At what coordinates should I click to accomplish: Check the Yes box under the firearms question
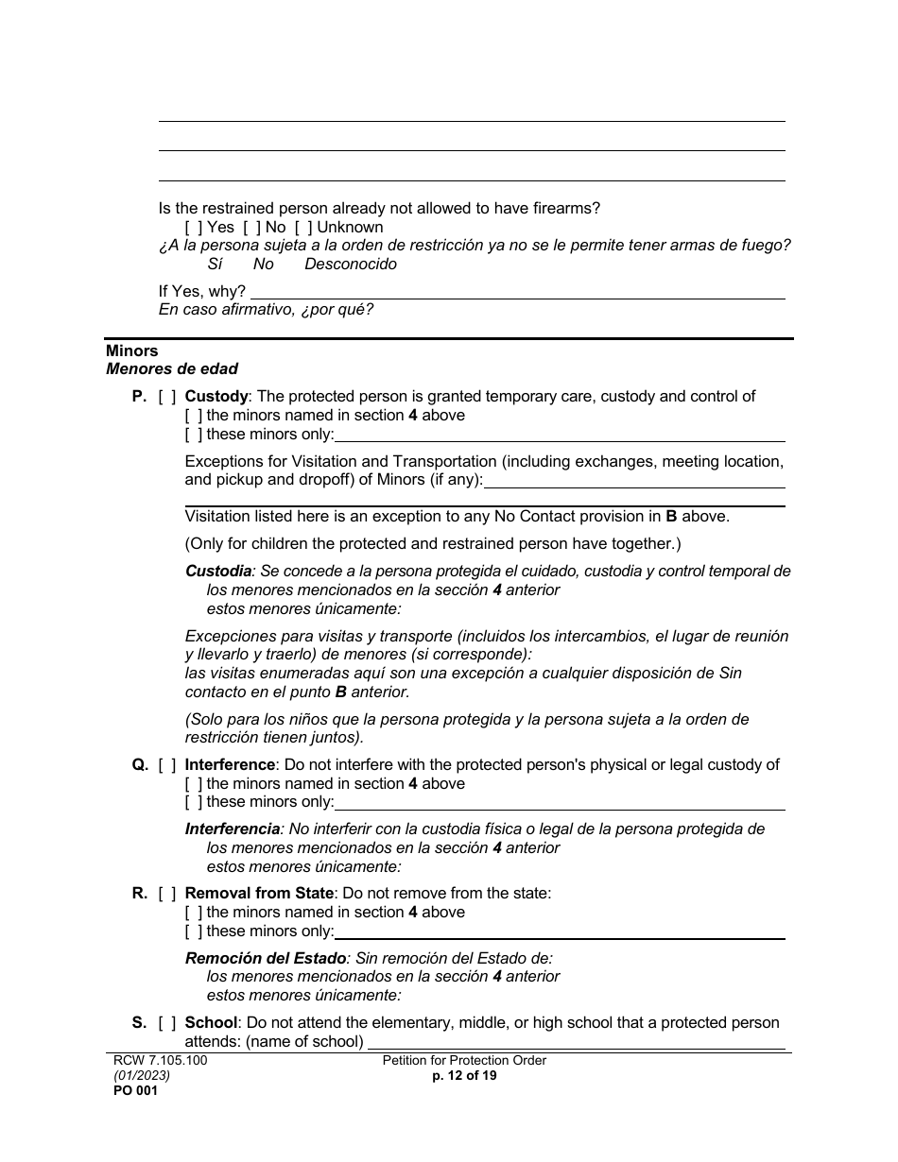tap(193, 228)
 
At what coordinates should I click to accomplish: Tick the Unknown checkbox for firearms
tap(302, 228)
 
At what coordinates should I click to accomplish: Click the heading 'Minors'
tap(132, 350)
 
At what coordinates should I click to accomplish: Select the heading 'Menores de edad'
tap(172, 369)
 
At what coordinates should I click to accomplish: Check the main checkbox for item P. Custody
tap(167, 397)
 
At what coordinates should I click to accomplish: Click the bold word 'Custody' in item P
tap(216, 397)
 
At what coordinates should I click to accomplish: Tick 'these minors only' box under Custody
tap(193, 435)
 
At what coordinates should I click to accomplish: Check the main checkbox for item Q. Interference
tap(167, 765)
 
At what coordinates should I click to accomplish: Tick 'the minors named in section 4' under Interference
tap(193, 784)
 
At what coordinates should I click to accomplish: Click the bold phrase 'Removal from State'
tap(259, 894)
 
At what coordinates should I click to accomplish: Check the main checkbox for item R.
tap(167, 894)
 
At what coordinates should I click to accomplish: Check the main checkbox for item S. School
tap(167, 1023)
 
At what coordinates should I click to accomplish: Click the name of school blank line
tap(576, 1044)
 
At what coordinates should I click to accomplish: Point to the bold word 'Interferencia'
tap(233, 829)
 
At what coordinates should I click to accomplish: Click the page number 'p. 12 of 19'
tap(464, 1076)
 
